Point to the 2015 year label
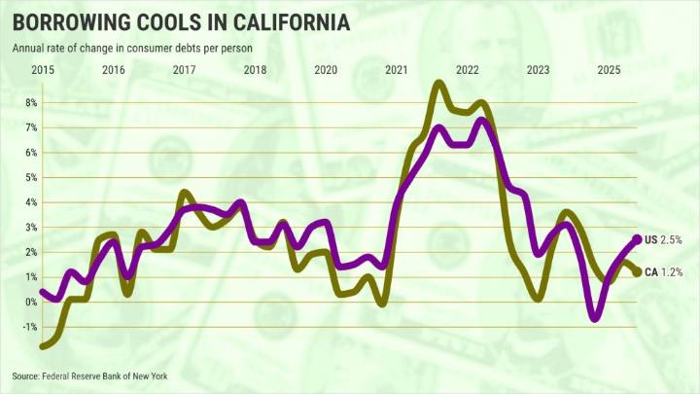tap(42, 69)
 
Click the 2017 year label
tap(184, 69)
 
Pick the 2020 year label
tap(325, 69)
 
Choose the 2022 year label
tap(467, 69)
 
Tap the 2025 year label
tap(609, 69)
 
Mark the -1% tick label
tap(28, 327)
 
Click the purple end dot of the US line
tap(637, 239)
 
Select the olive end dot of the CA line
tap(637, 271)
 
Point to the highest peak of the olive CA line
tap(438, 84)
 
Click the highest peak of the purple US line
tap(480, 120)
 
